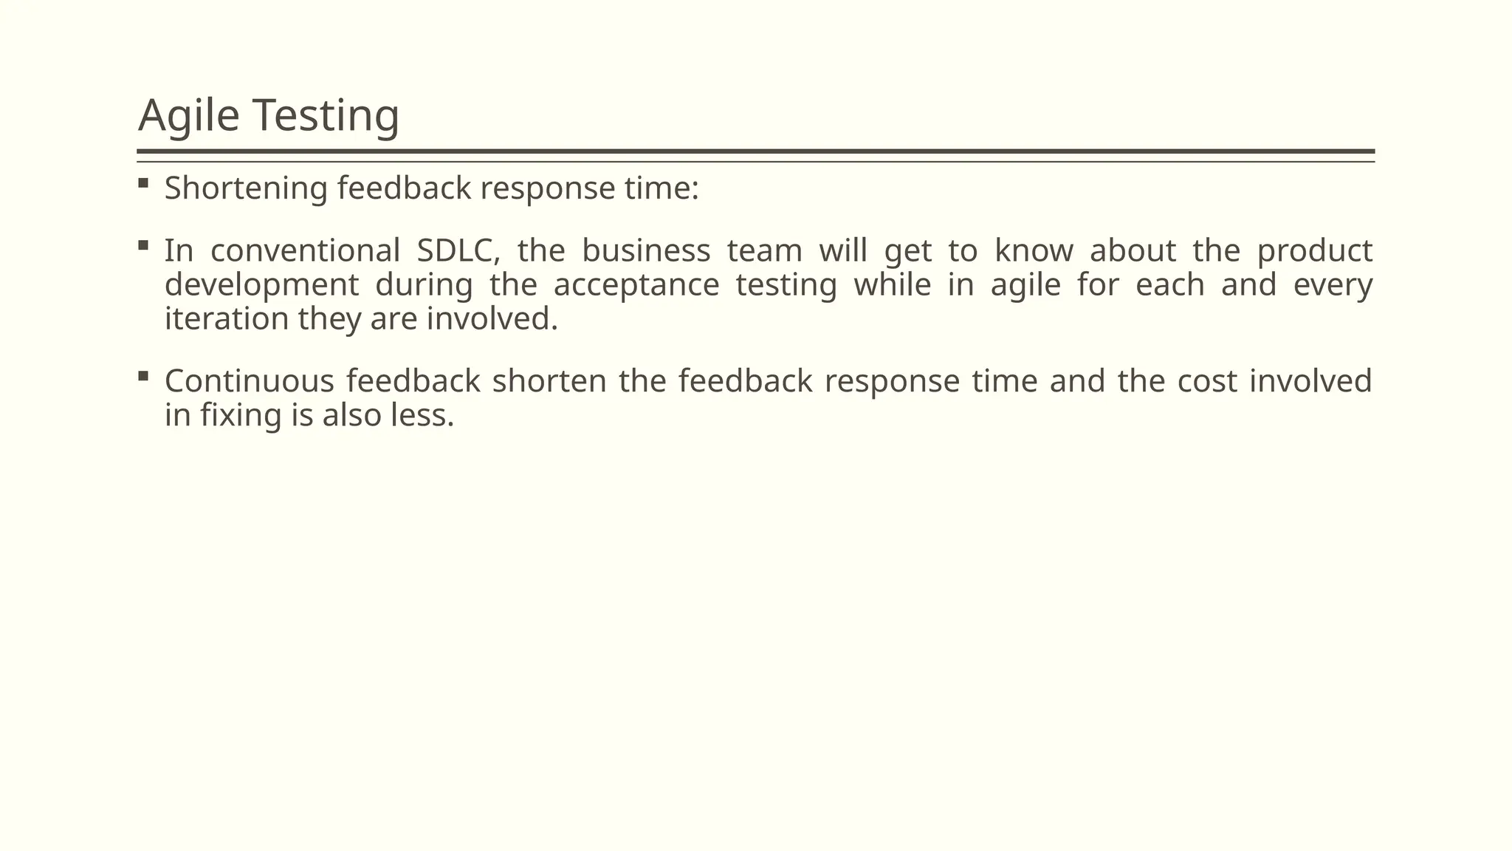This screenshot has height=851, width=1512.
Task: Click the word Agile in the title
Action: pos(188,116)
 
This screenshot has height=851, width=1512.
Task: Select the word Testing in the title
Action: pos(326,116)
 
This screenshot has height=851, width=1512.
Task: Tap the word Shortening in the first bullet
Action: pos(246,188)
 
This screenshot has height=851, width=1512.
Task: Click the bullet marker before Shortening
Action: pos(143,182)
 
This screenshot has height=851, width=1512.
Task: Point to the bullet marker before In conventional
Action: pos(143,245)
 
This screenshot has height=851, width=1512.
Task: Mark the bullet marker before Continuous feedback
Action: pos(143,376)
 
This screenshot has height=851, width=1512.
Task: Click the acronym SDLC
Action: pos(458,251)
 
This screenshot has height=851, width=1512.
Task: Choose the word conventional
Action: pos(305,251)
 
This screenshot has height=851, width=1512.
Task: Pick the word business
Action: pos(646,251)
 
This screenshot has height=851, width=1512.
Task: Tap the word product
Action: pos(1315,251)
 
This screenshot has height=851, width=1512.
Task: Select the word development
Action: pos(261,286)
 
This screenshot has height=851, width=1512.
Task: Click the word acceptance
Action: pos(636,286)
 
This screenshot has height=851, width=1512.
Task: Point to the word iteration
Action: pos(227,319)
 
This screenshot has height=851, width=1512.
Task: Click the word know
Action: pos(1034,251)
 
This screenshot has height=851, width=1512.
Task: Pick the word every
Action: pos(1333,286)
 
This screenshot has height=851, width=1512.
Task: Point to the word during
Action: pos(424,286)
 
